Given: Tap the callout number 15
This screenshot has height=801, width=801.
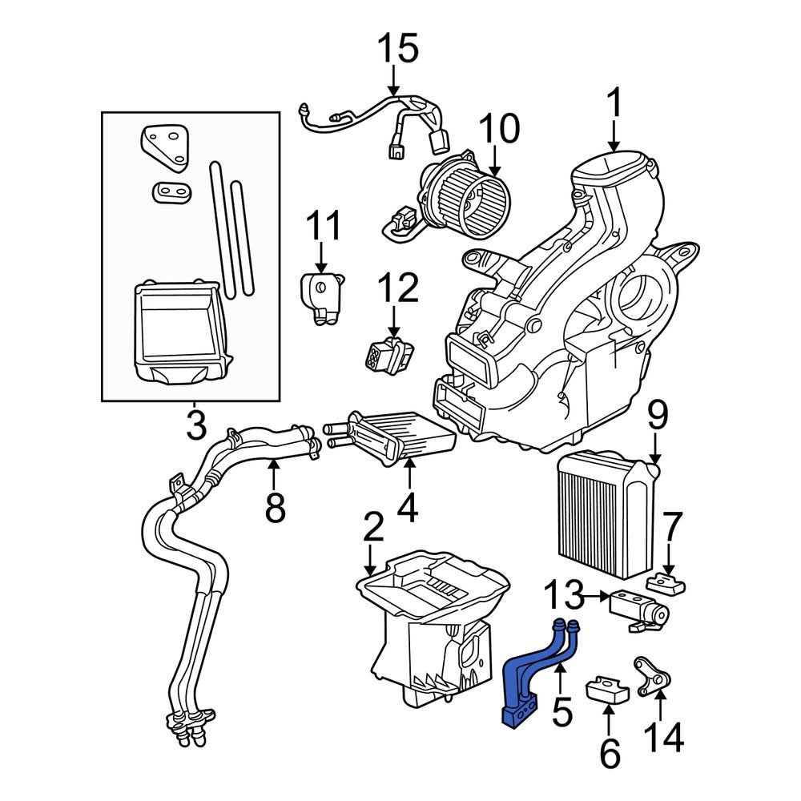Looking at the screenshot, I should click(x=398, y=50).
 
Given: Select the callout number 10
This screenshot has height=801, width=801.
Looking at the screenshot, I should click(x=500, y=129).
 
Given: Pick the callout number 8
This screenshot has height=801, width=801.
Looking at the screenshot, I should click(x=275, y=507).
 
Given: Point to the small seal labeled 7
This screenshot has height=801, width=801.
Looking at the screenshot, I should click(x=665, y=582).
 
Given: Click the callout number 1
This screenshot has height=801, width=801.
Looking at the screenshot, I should click(x=614, y=104).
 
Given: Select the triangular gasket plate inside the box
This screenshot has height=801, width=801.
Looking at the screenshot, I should click(x=167, y=150).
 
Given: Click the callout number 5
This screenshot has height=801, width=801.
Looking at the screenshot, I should click(x=562, y=710).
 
